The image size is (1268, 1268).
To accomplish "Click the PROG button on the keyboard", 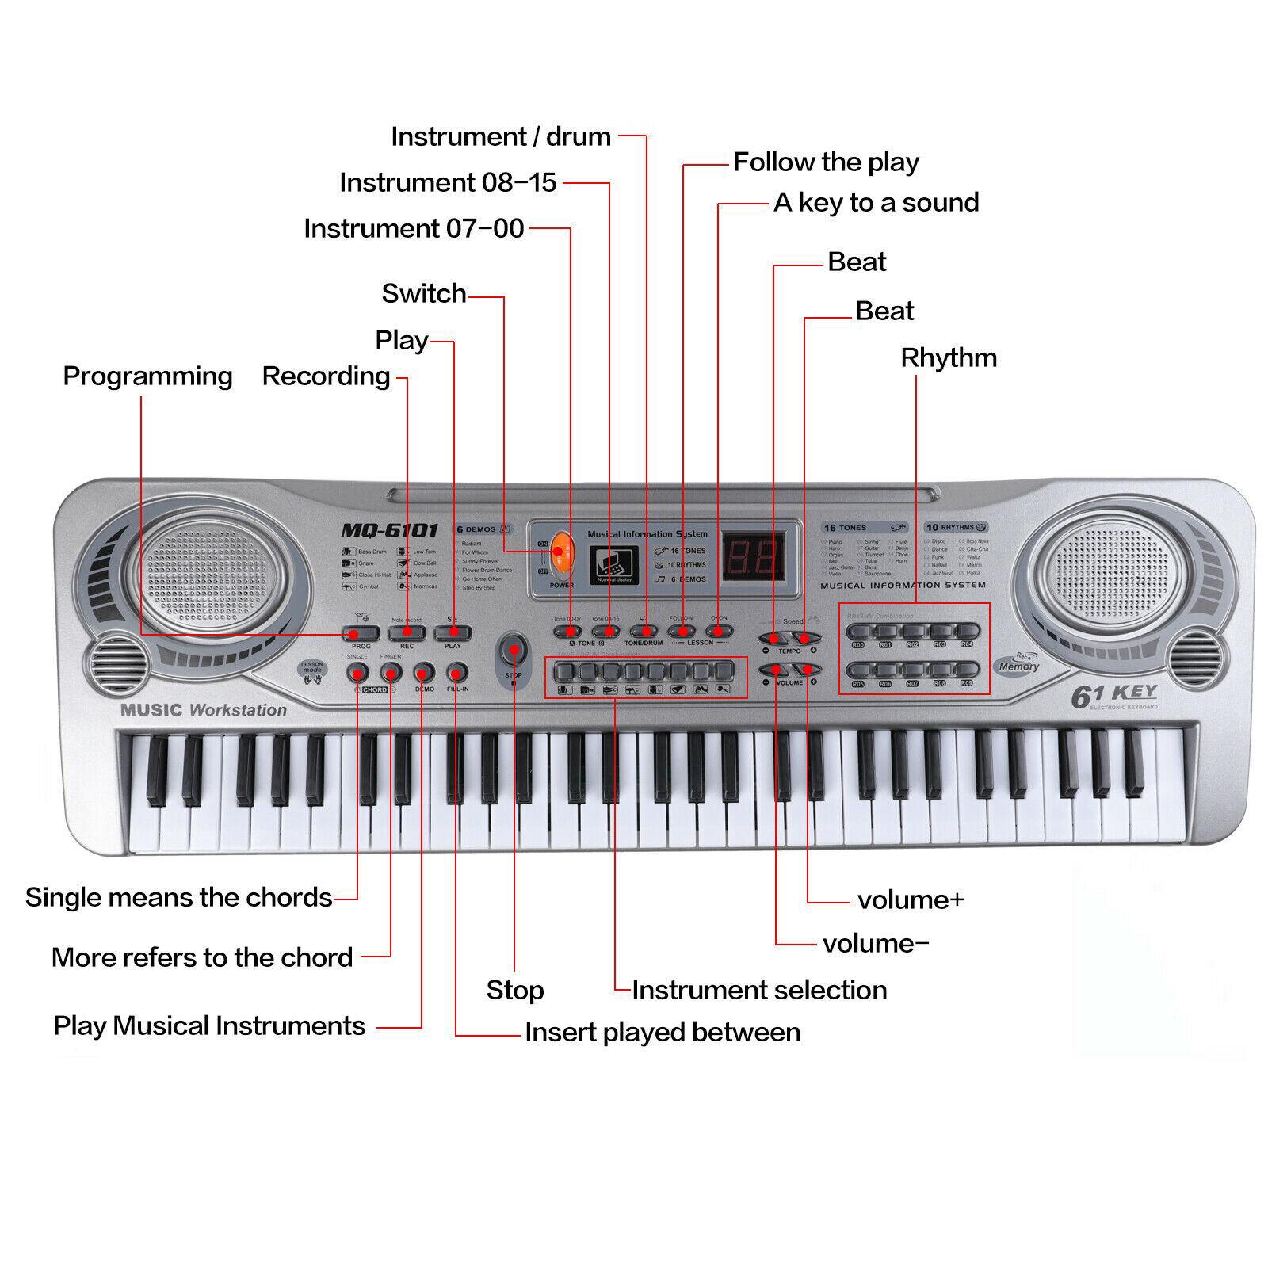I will point(361,633).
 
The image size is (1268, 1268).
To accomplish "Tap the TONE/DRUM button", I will point(644,632).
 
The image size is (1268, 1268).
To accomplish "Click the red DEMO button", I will point(424,674).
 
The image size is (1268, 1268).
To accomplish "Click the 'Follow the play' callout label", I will point(825,162).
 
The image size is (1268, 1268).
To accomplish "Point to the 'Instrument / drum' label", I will point(501,136).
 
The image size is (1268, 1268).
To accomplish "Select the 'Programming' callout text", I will point(147,376).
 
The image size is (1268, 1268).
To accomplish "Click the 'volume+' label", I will point(911,900).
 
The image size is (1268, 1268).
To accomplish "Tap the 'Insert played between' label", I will point(663,1033).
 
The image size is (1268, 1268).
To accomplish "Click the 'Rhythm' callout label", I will point(948,357).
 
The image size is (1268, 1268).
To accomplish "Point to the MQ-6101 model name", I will point(389,530).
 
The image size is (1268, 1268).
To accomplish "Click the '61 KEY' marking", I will point(1113,696).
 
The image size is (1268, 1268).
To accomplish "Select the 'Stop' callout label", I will point(515,990).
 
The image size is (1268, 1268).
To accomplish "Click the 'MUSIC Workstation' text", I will point(204,710).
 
